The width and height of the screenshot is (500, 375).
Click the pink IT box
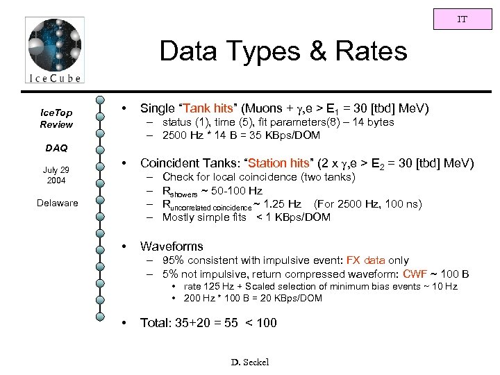[462, 19]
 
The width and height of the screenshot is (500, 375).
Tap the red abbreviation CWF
[417, 273]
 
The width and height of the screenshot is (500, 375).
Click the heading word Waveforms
[172, 246]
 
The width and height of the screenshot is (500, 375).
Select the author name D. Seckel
[249, 362]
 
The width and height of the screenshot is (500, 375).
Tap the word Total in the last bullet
[156, 322]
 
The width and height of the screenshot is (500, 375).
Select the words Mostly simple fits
[206, 217]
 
